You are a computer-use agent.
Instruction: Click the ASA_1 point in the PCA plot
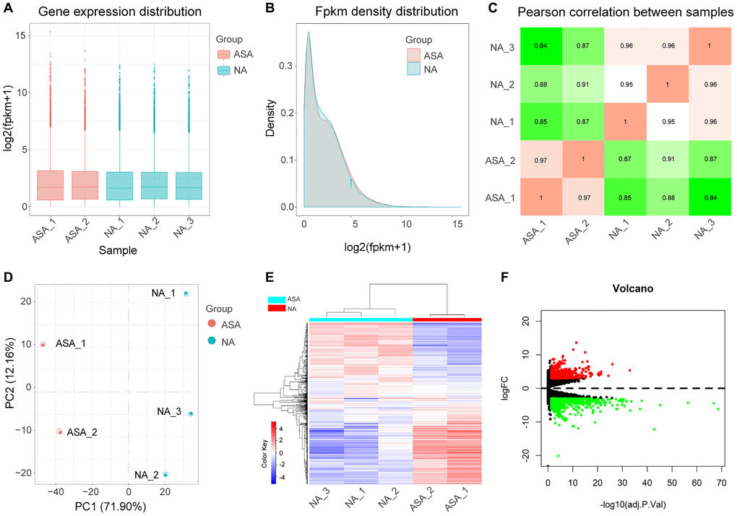(x=43, y=345)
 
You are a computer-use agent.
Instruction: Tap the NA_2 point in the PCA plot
(x=166, y=475)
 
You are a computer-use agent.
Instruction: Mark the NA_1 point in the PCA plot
(x=186, y=293)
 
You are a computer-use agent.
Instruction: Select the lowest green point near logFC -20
(x=559, y=456)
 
